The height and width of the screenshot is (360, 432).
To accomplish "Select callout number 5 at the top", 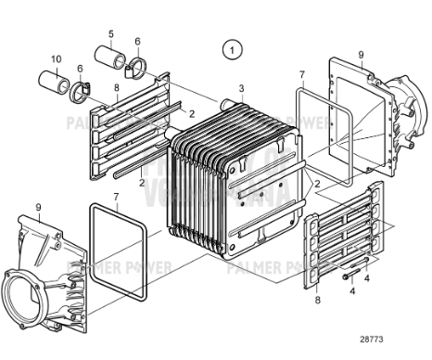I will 110,34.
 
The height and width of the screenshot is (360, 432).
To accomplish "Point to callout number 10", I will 56,59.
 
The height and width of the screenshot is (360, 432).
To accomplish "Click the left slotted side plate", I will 130,130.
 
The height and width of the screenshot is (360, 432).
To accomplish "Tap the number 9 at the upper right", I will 361,55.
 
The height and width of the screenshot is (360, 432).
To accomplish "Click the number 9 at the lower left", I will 38,205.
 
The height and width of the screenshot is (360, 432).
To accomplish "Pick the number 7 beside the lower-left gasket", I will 115,197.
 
